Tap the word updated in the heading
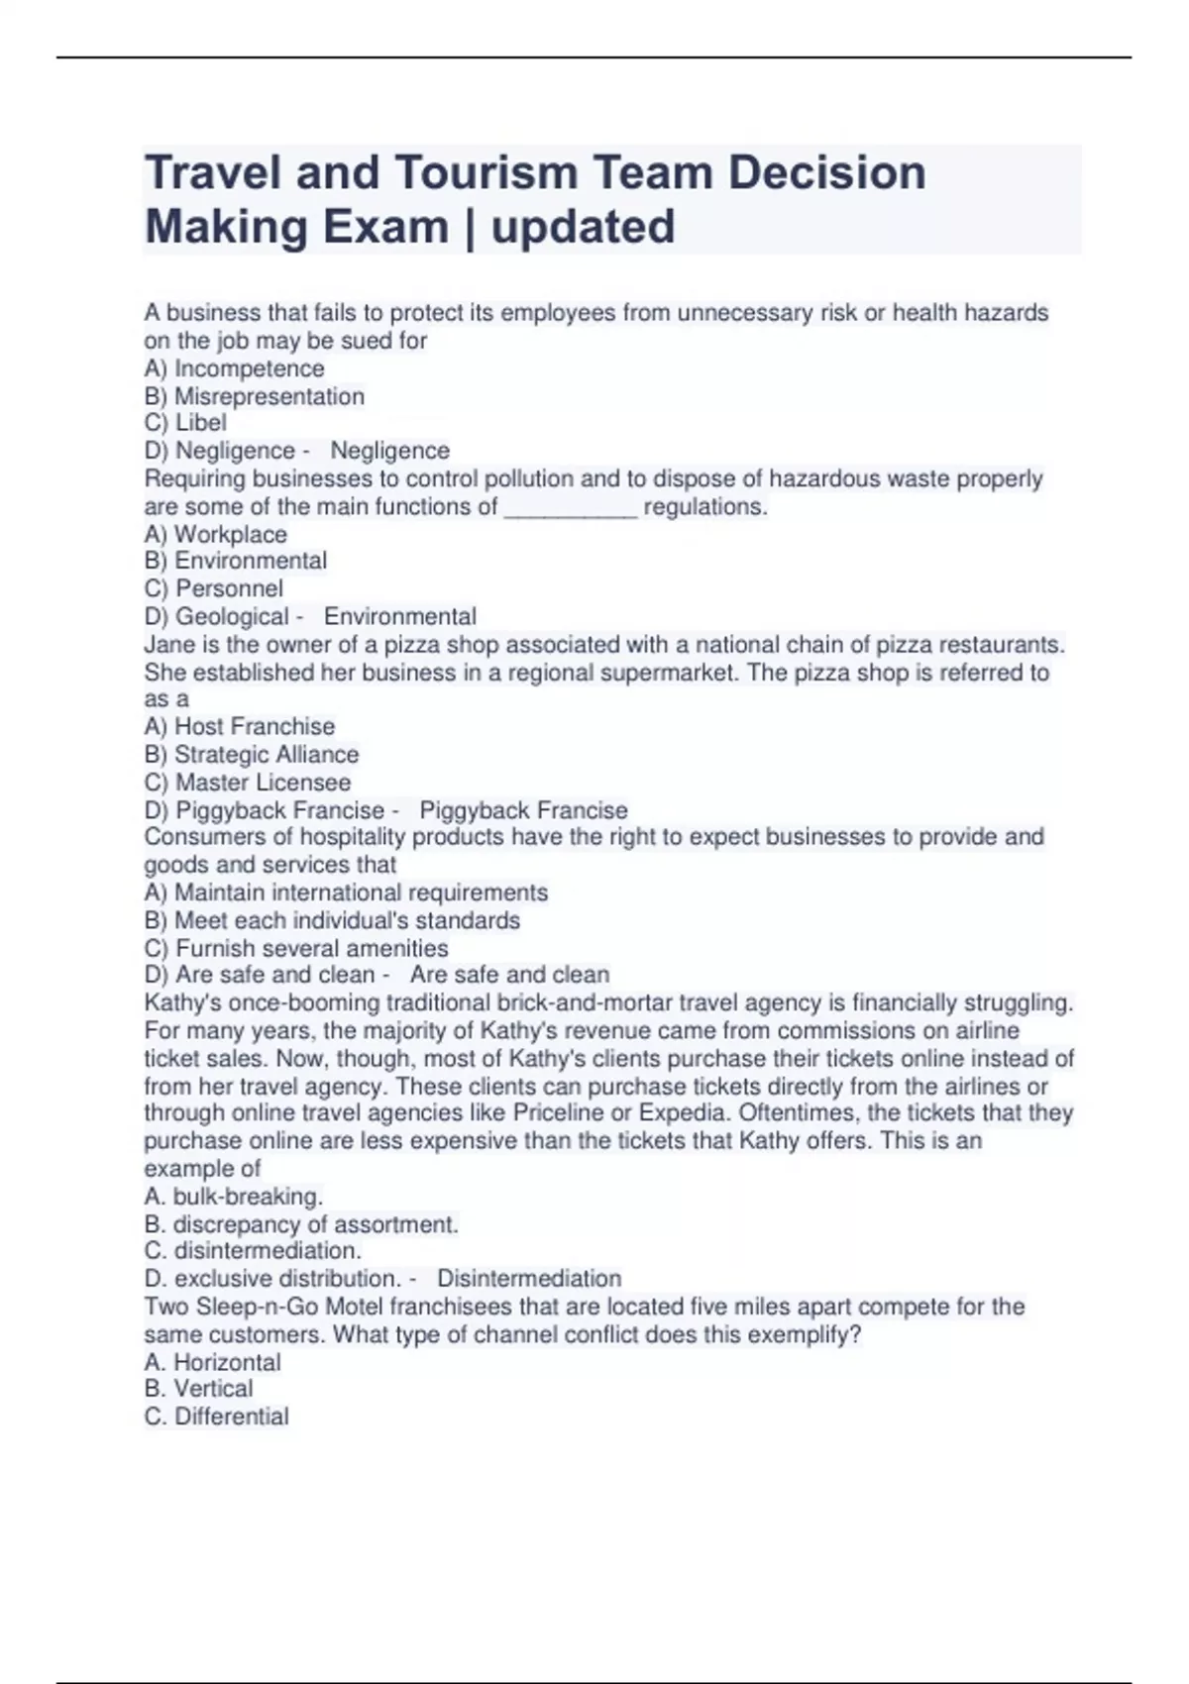point(583,227)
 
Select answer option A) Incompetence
point(234,368)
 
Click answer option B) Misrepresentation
point(254,396)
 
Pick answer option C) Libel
point(185,423)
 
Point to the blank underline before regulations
point(571,509)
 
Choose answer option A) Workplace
point(215,535)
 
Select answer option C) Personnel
point(213,588)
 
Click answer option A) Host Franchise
point(239,726)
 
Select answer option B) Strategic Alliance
point(251,754)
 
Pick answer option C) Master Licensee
point(247,783)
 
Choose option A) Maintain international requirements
point(346,893)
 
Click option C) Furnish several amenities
point(295,948)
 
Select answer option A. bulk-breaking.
point(233,1196)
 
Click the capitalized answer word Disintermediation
point(529,1278)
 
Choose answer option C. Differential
point(216,1417)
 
